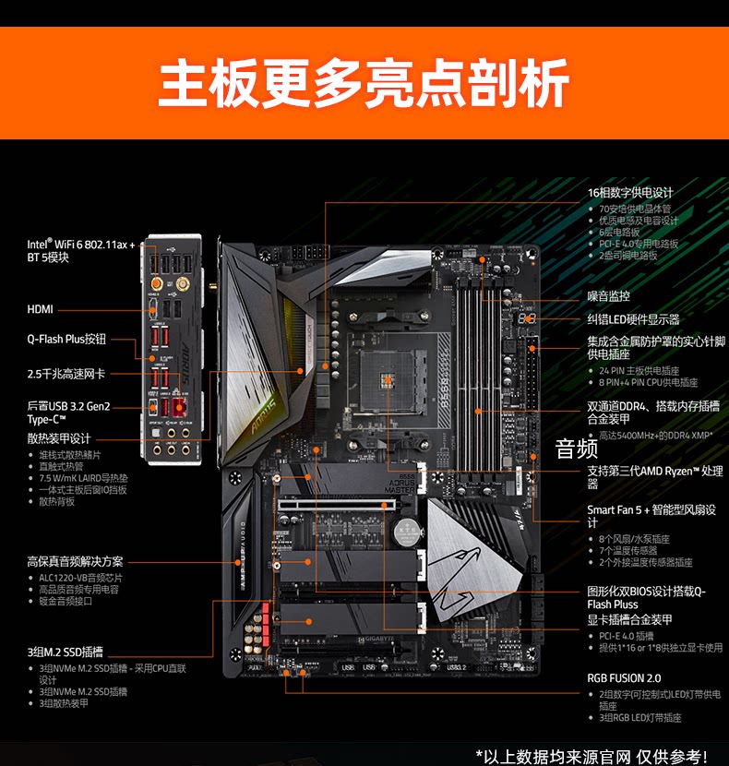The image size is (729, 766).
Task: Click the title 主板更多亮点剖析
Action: click(364, 84)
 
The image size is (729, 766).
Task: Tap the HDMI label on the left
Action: click(40, 310)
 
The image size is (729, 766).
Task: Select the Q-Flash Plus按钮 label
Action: click(66, 340)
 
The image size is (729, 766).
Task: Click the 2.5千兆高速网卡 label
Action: click(66, 374)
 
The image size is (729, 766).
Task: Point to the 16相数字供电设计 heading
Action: click(630, 193)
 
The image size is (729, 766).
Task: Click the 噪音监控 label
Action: click(609, 296)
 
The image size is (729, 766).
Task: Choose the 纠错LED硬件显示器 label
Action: click(633, 319)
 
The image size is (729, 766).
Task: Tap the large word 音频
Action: click(578, 449)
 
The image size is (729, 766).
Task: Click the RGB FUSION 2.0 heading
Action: click(624, 678)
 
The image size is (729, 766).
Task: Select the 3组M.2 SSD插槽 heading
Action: click(65, 652)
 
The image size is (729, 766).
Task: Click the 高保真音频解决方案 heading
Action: click(75, 561)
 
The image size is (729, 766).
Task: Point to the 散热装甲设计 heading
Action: click(59, 438)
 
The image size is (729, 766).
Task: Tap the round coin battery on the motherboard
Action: click(403, 533)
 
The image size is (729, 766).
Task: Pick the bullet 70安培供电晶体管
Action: click(638, 209)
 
